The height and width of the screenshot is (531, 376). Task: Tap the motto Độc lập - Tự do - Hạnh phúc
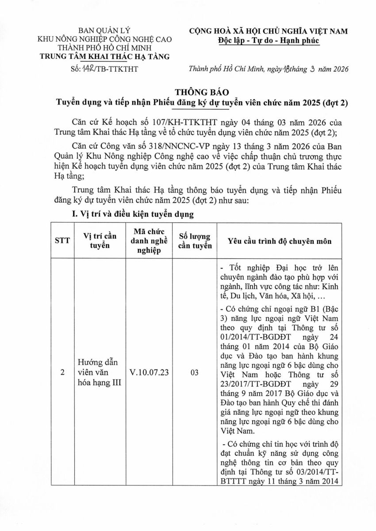268,40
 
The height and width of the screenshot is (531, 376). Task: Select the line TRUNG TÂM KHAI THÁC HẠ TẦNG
104,56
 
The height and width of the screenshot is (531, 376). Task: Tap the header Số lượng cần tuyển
195,242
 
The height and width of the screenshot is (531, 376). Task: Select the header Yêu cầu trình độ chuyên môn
279,242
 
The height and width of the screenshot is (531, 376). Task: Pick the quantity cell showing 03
195,373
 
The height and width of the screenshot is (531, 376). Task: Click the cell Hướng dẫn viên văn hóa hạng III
96,373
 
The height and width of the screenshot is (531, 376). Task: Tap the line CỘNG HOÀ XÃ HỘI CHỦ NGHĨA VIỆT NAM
268,31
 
